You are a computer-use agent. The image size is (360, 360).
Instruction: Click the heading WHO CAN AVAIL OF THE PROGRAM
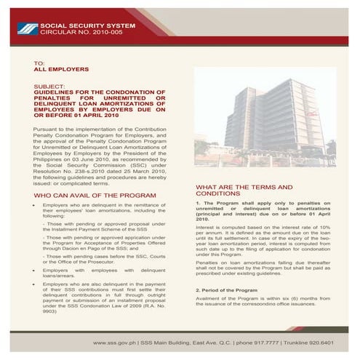pos(90,197)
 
